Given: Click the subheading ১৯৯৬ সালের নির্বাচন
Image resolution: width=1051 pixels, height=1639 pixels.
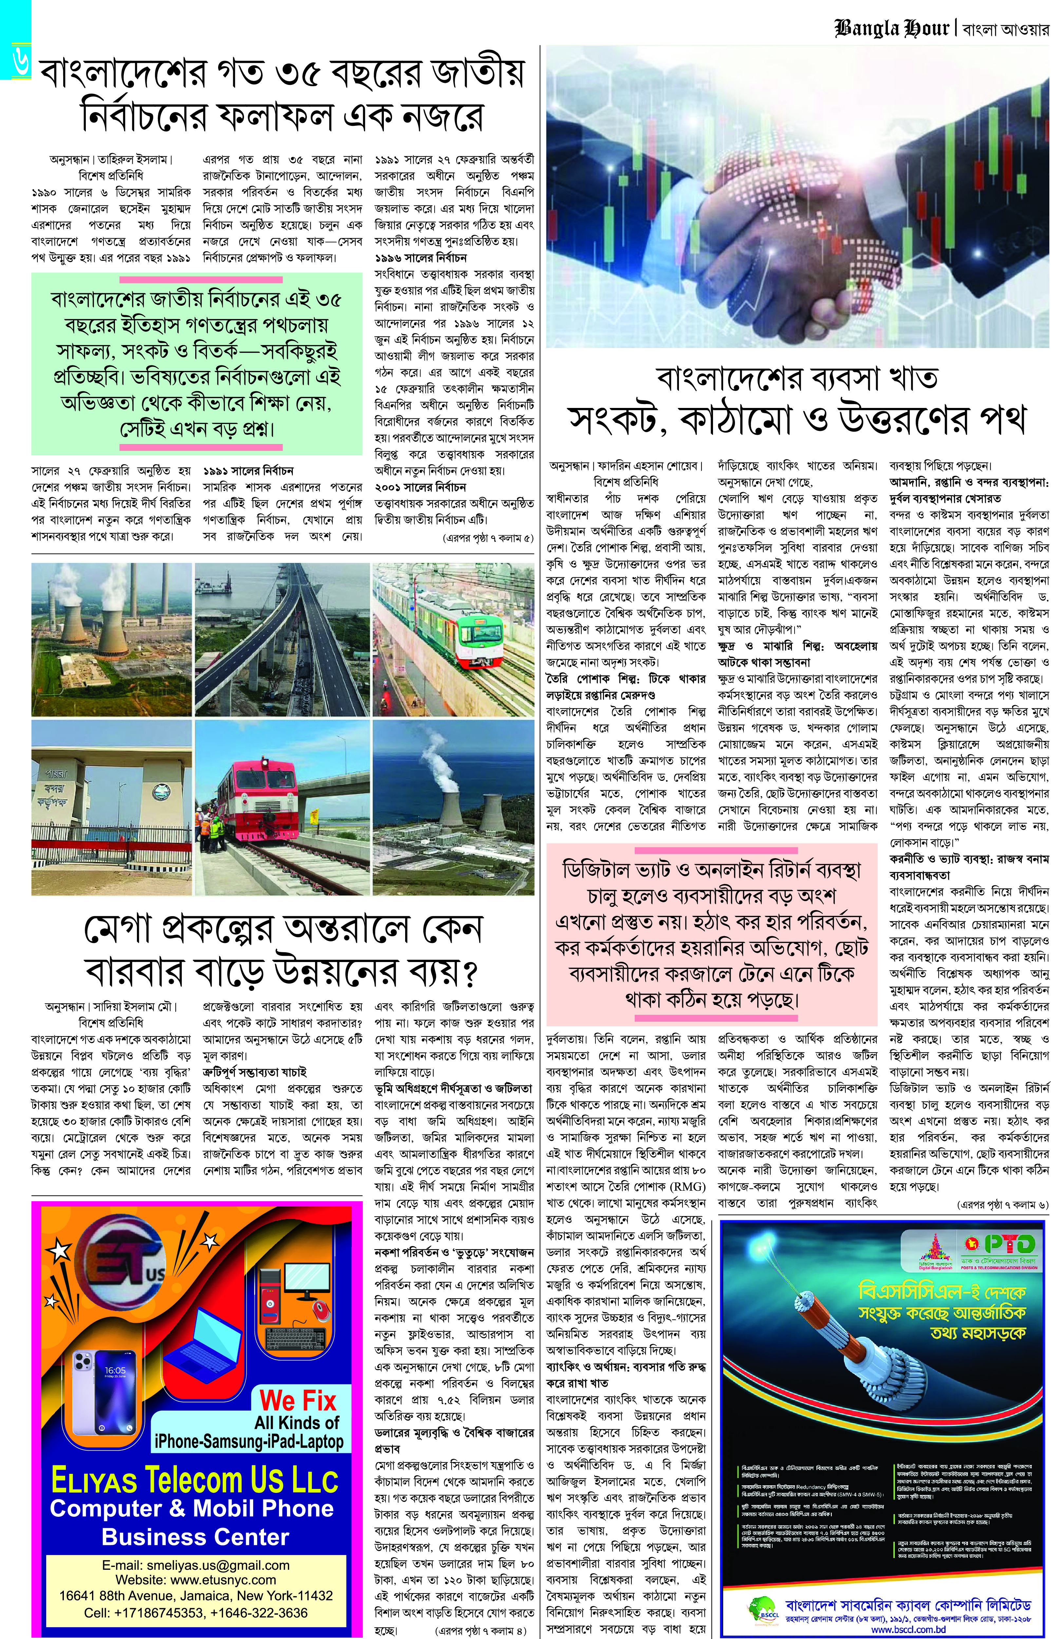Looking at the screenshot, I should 421,258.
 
